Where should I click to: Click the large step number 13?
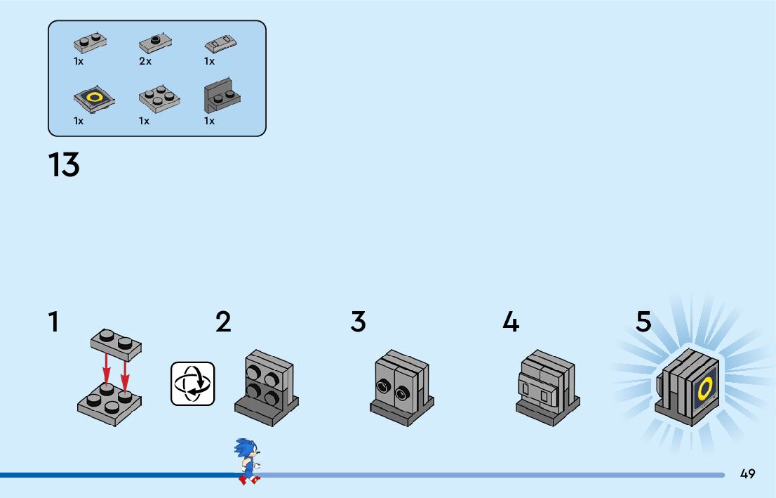click(64, 166)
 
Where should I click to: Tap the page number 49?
click(747, 474)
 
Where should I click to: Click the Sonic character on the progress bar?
click(248, 461)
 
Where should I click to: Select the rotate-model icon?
click(193, 384)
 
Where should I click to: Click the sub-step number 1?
click(53, 322)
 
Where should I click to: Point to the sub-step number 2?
click(223, 322)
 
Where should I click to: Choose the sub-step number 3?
click(358, 322)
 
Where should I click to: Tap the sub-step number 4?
click(511, 322)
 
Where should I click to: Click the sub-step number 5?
click(643, 322)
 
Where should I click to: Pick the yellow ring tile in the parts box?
click(94, 99)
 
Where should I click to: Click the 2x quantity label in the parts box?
click(145, 62)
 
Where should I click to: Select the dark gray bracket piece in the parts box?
click(220, 98)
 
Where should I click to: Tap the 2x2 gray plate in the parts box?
click(159, 98)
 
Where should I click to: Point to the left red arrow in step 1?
click(106, 370)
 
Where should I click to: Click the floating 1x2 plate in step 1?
click(116, 341)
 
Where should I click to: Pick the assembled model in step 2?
click(267, 387)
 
